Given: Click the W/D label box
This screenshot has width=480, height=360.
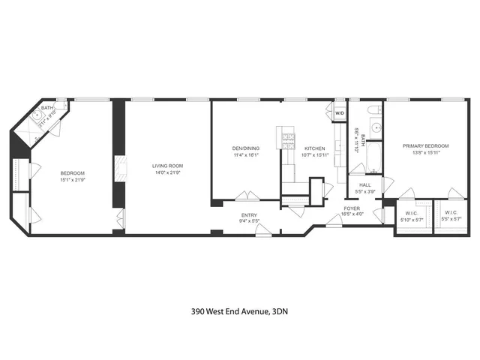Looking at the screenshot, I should point(339,113).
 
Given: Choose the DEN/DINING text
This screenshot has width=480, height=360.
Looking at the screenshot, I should point(245,148).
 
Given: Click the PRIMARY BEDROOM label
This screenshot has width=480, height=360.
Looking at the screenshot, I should point(425,145).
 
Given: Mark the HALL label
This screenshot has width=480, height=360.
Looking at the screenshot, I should point(365,184).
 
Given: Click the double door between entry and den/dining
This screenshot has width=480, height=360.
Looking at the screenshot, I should point(247,197).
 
